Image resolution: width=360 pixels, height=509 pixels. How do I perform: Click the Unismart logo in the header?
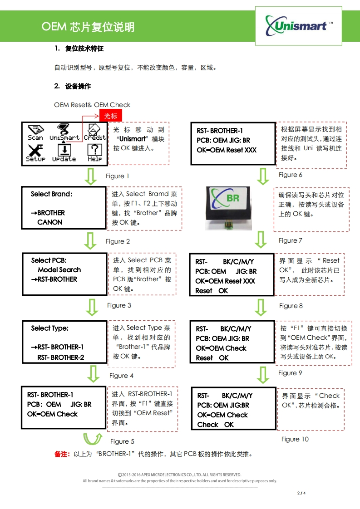pyautogui.click(x=298, y=25)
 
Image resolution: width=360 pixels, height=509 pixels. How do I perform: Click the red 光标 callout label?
pyautogui.click(x=111, y=116)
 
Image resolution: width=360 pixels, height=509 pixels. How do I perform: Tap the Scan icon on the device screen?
pyautogui.click(x=35, y=132)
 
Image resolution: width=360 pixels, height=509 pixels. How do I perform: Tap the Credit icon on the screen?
pyautogui.click(x=94, y=132)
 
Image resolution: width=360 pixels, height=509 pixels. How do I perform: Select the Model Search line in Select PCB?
pyautogui.click(x=59, y=269)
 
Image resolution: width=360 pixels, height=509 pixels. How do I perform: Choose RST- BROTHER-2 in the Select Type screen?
pyautogui.click(x=60, y=357)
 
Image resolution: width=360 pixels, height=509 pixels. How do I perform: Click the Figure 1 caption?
pyautogui.click(x=118, y=176)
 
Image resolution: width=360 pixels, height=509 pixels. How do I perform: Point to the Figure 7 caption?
pyautogui.click(x=290, y=240)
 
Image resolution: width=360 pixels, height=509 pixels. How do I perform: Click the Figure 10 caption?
pyautogui.click(x=295, y=439)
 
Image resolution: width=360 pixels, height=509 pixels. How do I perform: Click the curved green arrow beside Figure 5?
pyautogui.click(x=93, y=440)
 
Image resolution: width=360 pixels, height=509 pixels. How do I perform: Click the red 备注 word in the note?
pyautogui.click(x=62, y=454)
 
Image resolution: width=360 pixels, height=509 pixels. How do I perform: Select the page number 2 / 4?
pyautogui.click(x=301, y=493)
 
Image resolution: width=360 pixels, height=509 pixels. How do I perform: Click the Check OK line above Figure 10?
pyautogui.click(x=216, y=425)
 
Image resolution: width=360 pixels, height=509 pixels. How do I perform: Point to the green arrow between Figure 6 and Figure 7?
pyautogui.click(x=263, y=176)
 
